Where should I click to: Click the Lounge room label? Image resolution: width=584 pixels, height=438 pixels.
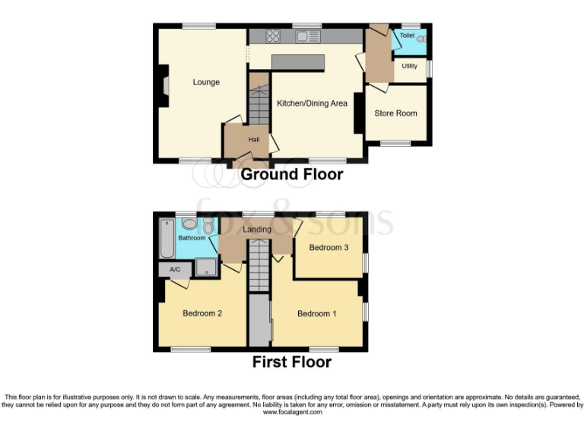(x=206, y=82)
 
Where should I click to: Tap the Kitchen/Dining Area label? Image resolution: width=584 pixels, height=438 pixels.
(x=312, y=103)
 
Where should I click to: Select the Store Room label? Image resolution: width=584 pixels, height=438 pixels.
(x=395, y=113)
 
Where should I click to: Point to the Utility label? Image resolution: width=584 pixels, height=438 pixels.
(x=410, y=66)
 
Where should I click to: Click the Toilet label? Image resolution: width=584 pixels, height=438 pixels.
(x=407, y=36)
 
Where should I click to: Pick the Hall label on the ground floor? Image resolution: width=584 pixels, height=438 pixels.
(x=254, y=139)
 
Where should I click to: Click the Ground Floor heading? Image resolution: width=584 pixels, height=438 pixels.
(x=292, y=174)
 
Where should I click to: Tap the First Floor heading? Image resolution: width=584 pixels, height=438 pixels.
(x=292, y=362)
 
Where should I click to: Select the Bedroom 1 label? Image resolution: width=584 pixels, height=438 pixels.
(x=314, y=313)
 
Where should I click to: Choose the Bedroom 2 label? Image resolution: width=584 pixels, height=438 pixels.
(x=202, y=313)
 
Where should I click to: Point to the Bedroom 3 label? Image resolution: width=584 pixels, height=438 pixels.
(x=328, y=247)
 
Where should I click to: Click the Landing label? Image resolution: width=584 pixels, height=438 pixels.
(x=257, y=230)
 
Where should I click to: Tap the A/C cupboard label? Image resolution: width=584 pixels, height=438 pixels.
(x=174, y=269)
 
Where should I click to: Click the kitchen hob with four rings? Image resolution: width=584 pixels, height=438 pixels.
(x=274, y=36)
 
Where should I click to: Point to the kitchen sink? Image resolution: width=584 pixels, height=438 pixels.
(x=309, y=36)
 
